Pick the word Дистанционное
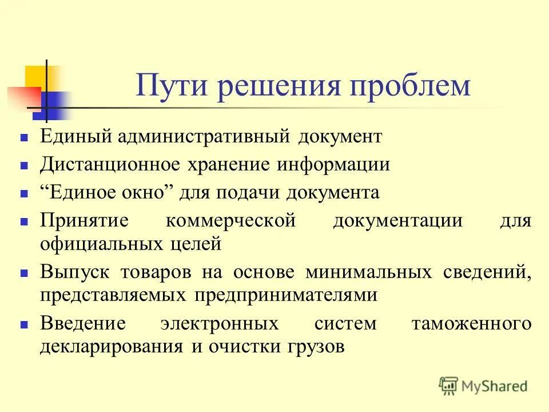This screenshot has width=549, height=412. pos(109,165)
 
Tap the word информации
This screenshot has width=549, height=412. pos(334,165)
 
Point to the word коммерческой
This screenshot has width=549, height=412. pos(230,220)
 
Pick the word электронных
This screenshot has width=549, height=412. pos(220,323)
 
